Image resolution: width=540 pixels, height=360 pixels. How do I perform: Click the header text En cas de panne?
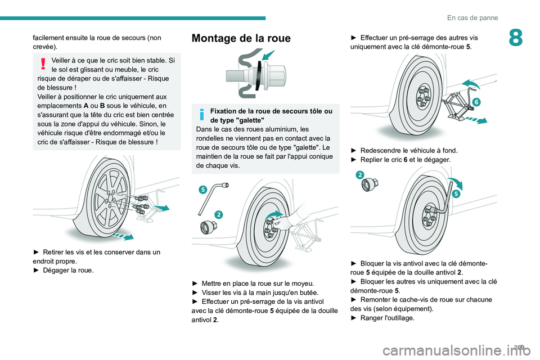click(471, 17)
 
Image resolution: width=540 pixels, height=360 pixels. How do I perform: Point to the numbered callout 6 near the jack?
click(476, 102)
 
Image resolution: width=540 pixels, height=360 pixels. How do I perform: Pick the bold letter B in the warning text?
click(102, 105)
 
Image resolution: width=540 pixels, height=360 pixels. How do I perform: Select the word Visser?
click(213, 292)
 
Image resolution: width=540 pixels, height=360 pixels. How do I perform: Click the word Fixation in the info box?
click(226, 111)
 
